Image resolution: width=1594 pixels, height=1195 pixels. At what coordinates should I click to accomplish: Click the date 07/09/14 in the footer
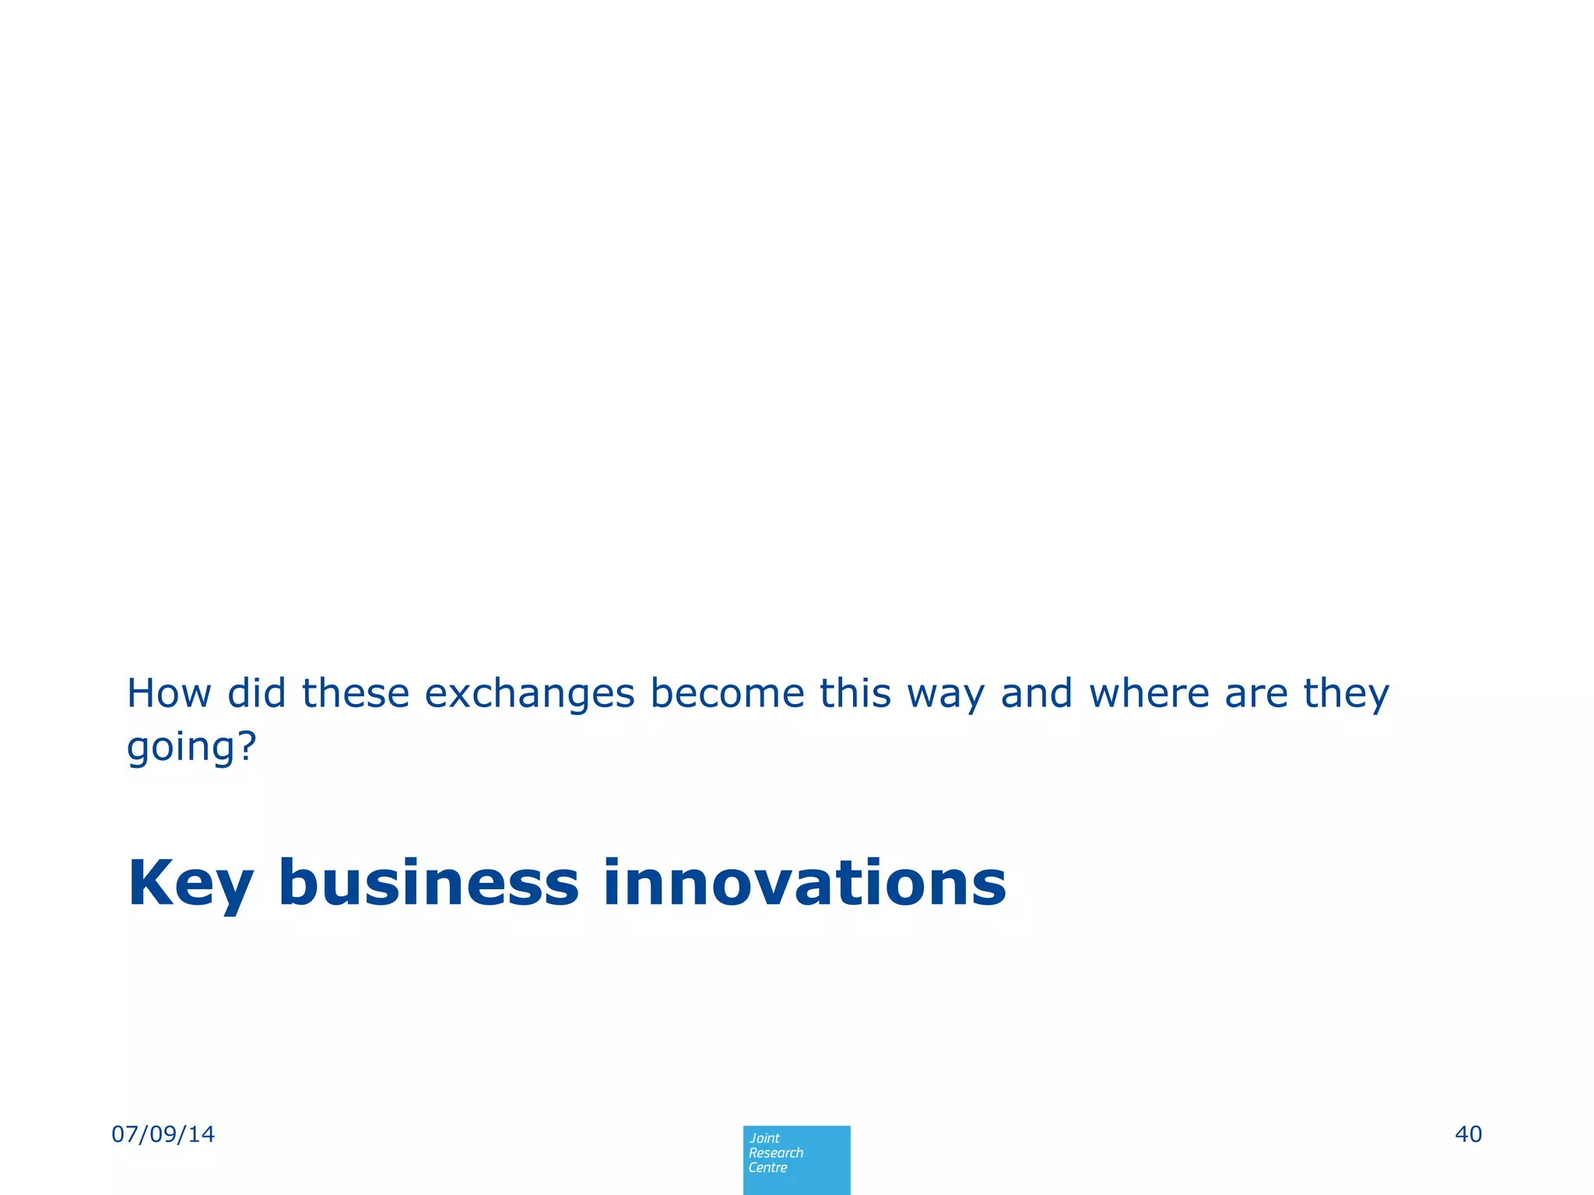[x=163, y=1134]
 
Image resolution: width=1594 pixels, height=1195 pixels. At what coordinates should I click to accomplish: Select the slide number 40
[x=1468, y=1134]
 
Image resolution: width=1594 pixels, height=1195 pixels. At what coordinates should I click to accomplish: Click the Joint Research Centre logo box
[x=796, y=1159]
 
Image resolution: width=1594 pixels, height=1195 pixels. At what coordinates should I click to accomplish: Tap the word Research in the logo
[x=775, y=1153]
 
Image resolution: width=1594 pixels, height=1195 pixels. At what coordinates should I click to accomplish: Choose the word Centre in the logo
[x=767, y=1168]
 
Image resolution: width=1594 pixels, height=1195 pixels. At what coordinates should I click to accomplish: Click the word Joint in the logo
[x=764, y=1138]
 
